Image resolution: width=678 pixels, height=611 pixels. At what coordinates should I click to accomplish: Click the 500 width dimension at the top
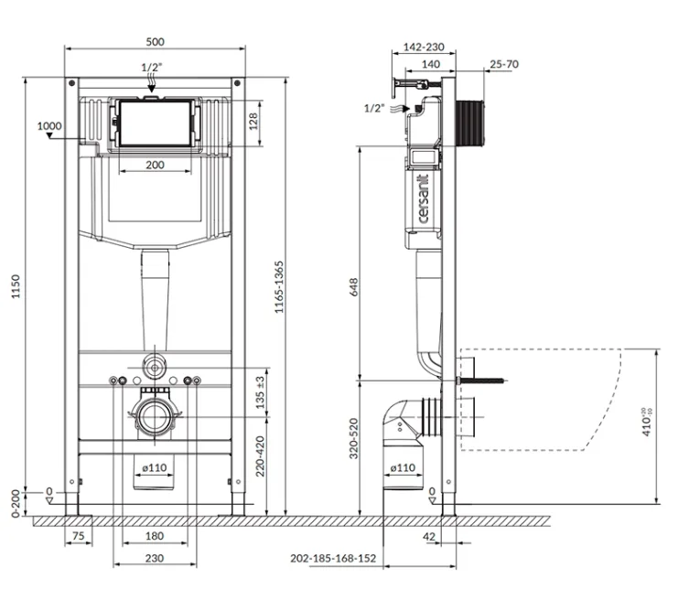(155, 42)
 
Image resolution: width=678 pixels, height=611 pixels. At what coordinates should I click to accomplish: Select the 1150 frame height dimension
(16, 286)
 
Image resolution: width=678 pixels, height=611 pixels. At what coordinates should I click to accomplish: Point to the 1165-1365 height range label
(279, 287)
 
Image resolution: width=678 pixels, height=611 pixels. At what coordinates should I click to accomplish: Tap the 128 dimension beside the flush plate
(253, 122)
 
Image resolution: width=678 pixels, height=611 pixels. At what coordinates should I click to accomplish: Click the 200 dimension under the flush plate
(155, 165)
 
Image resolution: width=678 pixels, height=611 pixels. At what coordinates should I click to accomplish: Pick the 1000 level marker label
(49, 126)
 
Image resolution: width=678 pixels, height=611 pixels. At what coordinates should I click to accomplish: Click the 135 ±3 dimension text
(260, 392)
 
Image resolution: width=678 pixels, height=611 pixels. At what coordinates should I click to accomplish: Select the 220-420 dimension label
(260, 456)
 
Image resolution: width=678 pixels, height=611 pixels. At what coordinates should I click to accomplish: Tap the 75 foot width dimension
(78, 536)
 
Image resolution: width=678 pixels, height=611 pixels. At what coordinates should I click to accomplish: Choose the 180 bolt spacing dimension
(155, 536)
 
